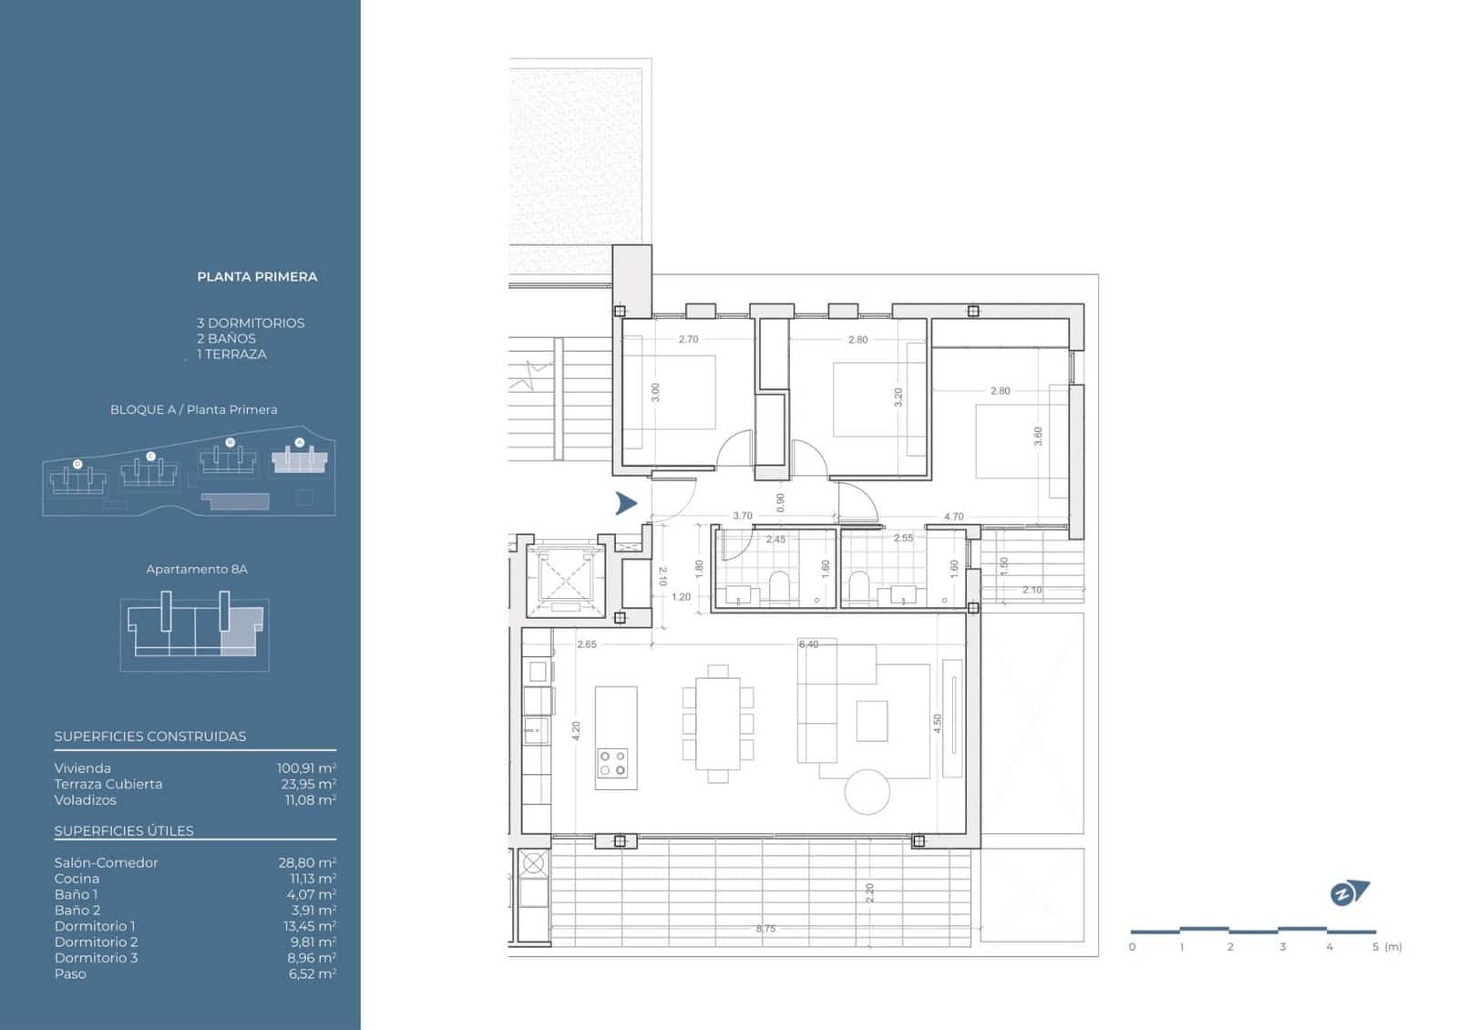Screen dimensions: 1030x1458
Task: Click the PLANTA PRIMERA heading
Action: click(257, 276)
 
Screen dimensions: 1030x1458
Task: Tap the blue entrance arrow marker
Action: click(625, 502)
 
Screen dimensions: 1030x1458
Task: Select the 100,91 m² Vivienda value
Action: click(306, 768)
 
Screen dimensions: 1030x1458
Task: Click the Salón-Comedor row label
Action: click(106, 862)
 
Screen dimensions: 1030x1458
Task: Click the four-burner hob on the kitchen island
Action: click(612, 763)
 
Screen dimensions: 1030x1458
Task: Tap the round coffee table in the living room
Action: click(867, 792)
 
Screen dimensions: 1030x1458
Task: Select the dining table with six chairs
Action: click(718, 724)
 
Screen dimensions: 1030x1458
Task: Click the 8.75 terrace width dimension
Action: click(765, 929)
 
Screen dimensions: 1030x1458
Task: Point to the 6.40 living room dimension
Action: click(808, 644)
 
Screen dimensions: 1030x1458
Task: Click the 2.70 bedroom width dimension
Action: click(688, 339)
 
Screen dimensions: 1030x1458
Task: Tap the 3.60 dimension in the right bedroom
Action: click(1037, 436)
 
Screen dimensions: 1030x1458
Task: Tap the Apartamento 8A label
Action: click(197, 569)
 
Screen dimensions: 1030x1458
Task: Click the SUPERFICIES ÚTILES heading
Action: click(124, 830)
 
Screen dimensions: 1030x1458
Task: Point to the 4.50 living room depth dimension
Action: click(937, 724)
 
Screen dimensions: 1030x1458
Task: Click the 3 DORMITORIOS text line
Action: click(251, 323)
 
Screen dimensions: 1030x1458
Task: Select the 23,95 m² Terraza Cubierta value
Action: click(308, 784)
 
